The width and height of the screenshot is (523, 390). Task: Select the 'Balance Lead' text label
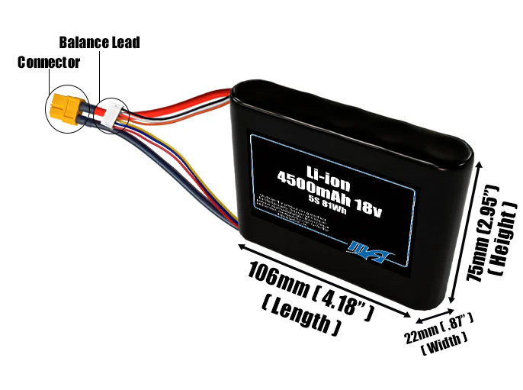[99, 43]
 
